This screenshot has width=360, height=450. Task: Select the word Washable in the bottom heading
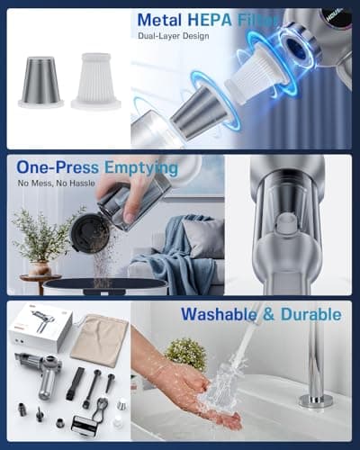[x=220, y=315]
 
